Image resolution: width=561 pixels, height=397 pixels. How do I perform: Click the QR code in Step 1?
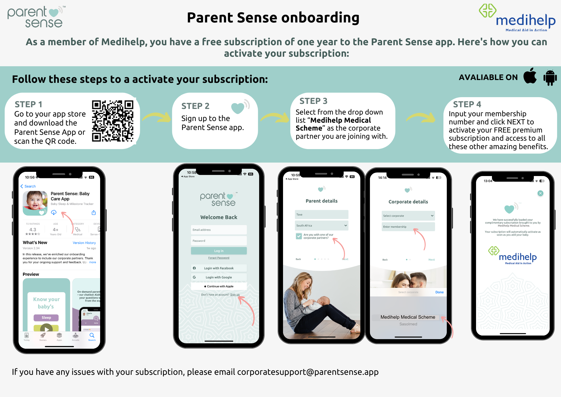click(112, 121)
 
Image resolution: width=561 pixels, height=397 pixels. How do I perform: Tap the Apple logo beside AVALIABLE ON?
click(530, 76)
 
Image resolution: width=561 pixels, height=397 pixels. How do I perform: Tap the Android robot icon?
click(550, 78)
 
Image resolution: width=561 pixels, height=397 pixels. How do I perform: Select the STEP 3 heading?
click(313, 101)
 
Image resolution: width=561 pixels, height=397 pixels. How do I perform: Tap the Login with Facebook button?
click(219, 268)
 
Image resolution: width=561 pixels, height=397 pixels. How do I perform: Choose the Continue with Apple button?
click(219, 286)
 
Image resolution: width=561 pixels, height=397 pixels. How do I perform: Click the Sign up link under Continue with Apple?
click(235, 295)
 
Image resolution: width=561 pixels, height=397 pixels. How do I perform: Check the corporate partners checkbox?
click(299, 236)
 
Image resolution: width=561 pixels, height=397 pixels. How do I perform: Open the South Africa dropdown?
click(321, 225)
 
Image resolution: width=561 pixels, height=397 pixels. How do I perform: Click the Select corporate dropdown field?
click(408, 216)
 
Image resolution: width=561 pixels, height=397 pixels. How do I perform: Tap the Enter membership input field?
click(408, 227)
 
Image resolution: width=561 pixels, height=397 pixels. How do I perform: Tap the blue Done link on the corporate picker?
click(439, 292)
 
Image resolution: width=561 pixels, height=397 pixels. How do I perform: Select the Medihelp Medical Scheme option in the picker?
click(408, 317)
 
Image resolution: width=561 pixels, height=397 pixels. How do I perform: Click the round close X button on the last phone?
click(540, 193)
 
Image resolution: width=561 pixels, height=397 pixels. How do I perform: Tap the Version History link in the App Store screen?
click(84, 243)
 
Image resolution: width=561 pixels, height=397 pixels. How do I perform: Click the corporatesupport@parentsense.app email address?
click(308, 372)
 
